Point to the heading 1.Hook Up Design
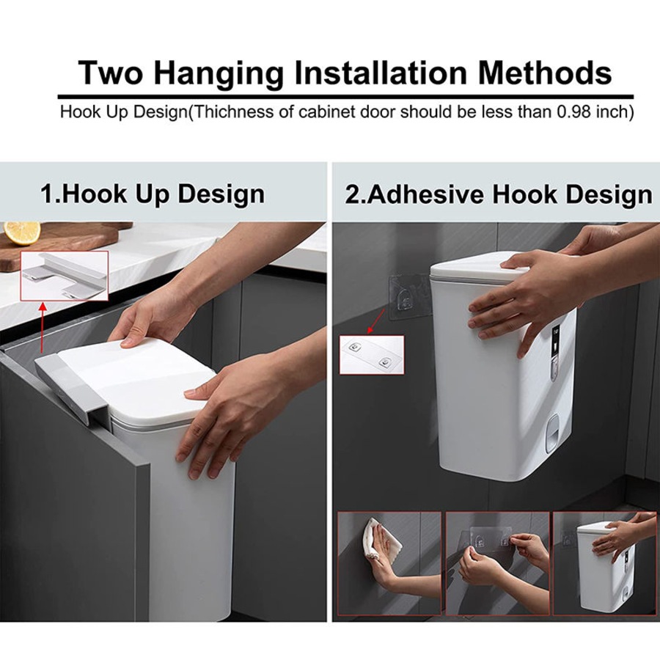click(153, 194)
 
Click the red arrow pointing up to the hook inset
click(42, 327)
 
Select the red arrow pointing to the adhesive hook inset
click(377, 321)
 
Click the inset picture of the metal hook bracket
click(65, 276)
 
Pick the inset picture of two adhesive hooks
click(372, 355)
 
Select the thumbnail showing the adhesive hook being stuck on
click(497, 563)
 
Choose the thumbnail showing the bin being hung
click(605, 563)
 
